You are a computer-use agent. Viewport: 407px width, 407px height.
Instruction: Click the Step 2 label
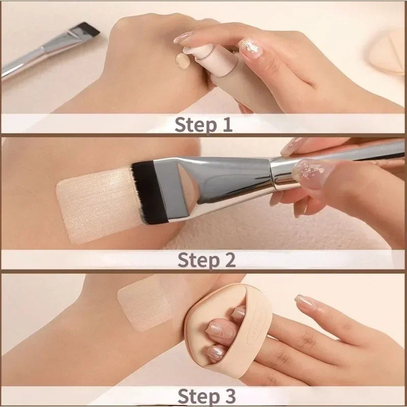pyautogui.click(x=207, y=259)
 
